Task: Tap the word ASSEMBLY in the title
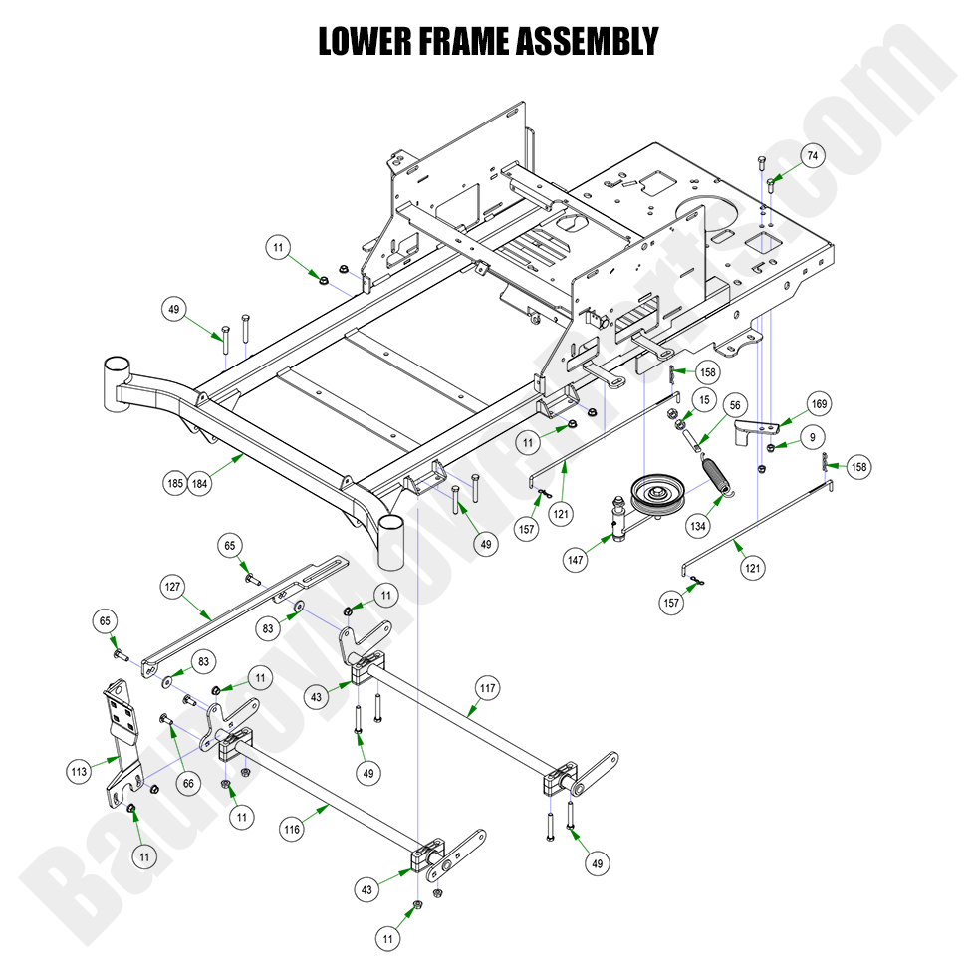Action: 589,41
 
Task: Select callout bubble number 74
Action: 813,157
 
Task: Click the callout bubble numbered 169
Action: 819,404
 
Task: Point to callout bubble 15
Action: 704,400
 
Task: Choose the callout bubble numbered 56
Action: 735,405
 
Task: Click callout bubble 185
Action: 176,485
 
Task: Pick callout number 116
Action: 291,829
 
